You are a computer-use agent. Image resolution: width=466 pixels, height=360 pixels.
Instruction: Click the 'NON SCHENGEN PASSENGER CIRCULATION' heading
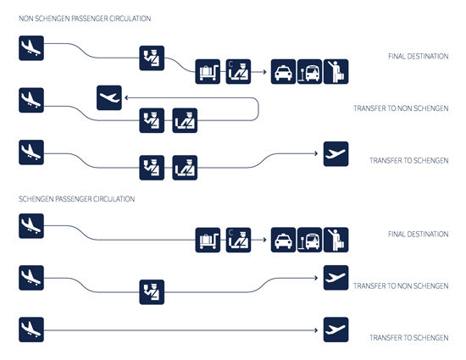pos(85,19)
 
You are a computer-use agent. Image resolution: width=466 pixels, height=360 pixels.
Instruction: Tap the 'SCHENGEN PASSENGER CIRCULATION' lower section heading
pos(76,199)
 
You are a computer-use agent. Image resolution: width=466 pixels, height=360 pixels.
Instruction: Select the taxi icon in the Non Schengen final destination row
pos(283,72)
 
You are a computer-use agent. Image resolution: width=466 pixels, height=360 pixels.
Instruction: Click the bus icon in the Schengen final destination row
pos(309,240)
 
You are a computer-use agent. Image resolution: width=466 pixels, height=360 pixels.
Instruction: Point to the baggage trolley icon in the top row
pos(208,72)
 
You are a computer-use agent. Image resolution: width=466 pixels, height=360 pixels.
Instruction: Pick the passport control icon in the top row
pos(152,58)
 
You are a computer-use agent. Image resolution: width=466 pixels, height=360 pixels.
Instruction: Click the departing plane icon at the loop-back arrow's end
pos(109,97)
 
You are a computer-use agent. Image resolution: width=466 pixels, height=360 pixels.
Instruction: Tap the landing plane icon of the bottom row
pos(31,330)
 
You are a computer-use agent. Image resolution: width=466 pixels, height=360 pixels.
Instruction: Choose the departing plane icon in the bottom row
pos(336,330)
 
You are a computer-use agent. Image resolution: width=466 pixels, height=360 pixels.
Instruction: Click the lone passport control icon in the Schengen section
pos(152,292)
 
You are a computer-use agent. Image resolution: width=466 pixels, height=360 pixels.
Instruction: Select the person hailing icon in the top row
pos(336,72)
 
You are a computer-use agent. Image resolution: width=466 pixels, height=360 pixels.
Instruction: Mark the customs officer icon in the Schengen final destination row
pos(238,240)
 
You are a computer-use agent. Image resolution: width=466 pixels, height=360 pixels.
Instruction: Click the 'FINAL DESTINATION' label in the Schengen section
pos(419,235)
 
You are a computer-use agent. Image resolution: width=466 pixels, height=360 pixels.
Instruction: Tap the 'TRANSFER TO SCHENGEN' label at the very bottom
pos(409,338)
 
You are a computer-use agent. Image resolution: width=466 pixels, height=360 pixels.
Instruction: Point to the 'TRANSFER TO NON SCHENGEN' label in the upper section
pos(401,108)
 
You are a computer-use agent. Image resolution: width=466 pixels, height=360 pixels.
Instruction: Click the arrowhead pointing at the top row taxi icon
pos(264,72)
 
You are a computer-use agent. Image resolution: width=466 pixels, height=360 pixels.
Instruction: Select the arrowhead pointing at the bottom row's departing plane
pos(316,330)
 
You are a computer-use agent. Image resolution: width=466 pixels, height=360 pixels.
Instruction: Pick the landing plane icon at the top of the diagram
pos(31,48)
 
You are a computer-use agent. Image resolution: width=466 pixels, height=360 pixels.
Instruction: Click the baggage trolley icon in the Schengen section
pos(208,240)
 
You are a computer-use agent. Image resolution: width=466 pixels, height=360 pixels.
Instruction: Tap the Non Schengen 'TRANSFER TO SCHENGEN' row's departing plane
pos(336,154)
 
